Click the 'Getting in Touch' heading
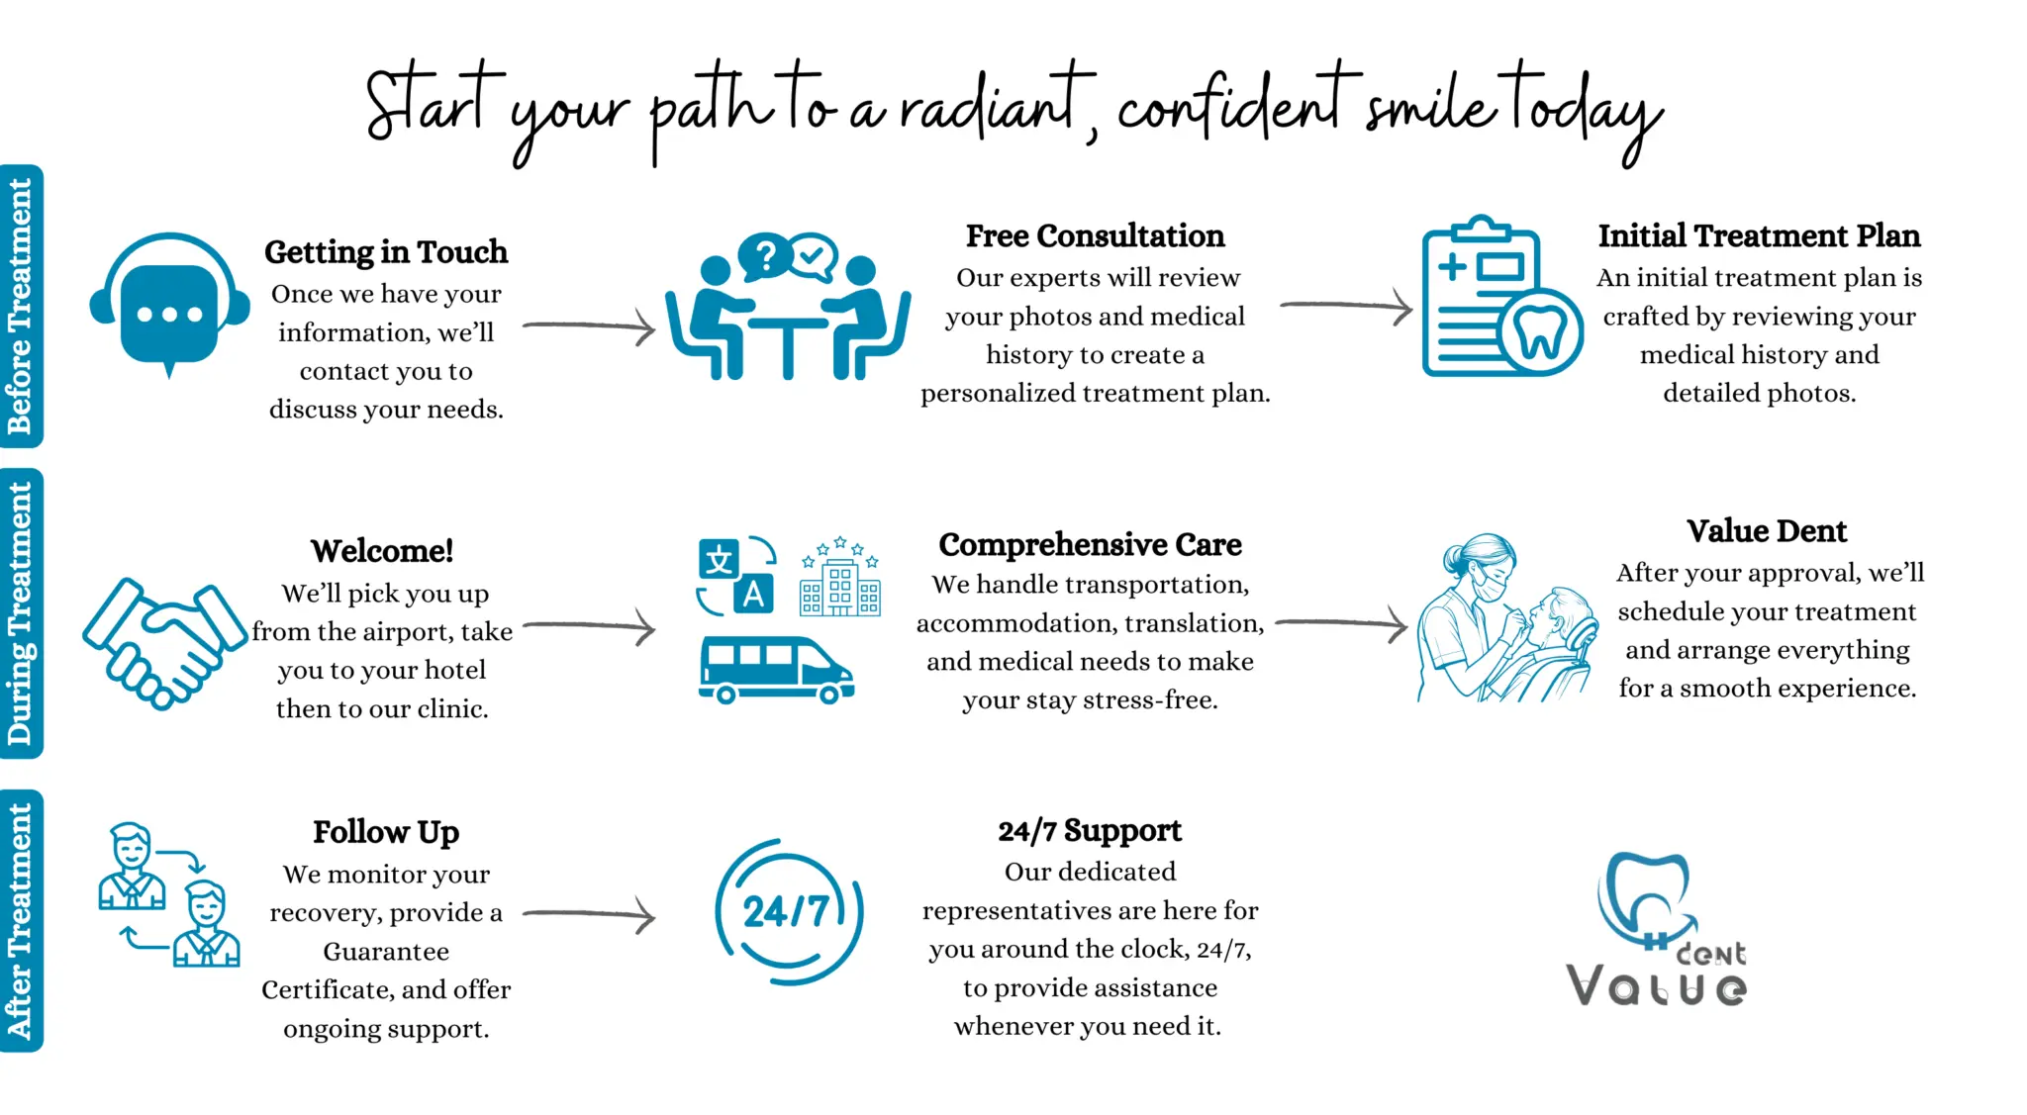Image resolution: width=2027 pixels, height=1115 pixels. click(x=385, y=252)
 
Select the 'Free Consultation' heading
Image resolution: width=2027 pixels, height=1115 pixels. click(x=1095, y=236)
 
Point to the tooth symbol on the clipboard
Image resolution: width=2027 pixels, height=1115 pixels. click(x=1540, y=332)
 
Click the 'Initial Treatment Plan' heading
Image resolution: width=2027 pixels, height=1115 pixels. click(x=1759, y=236)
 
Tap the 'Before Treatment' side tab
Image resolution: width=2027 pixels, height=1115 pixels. click(x=21, y=306)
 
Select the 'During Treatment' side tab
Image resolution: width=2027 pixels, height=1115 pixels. click(x=21, y=613)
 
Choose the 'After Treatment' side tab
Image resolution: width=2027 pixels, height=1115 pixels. click(x=21, y=920)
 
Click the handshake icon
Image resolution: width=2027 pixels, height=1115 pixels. click(x=163, y=643)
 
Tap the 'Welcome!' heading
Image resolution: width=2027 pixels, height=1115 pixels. click(x=382, y=551)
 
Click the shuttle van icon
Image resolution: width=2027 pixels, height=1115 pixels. click(x=775, y=670)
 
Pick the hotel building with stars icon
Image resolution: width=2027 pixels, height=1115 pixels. click(x=839, y=579)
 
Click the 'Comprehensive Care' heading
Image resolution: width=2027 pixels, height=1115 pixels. click(x=1090, y=545)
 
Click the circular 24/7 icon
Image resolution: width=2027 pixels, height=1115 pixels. click(x=788, y=911)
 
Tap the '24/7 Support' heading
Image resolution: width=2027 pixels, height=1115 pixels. click(x=1090, y=831)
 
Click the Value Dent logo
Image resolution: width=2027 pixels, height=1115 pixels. click(x=1657, y=930)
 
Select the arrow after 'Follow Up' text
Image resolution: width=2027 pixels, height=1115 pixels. click(x=590, y=915)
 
